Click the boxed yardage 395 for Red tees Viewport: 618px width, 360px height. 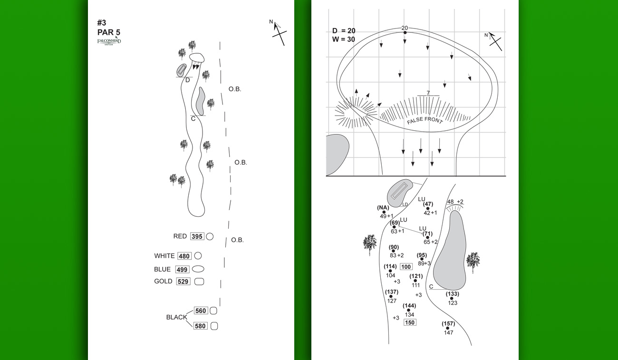tap(197, 236)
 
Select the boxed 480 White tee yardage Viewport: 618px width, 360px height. tap(184, 256)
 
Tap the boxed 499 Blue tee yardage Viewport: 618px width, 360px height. tap(183, 269)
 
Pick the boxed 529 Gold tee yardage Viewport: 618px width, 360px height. tap(183, 282)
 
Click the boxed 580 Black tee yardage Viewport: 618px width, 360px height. tap(201, 326)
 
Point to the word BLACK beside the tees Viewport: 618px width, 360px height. tap(176, 317)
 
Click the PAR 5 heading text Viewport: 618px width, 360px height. tap(108, 32)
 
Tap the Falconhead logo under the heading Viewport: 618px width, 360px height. tap(109, 42)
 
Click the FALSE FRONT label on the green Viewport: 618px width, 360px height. tap(425, 121)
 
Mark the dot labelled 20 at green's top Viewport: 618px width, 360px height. tap(405, 32)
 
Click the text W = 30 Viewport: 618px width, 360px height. tap(344, 39)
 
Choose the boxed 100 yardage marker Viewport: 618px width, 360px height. tap(406, 267)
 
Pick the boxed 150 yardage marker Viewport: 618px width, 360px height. tap(409, 322)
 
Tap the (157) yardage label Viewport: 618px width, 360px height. tap(448, 324)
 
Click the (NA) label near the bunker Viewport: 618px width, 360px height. tap(383, 208)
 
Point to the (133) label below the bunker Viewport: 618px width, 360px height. tap(453, 294)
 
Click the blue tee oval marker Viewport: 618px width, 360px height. tap(198, 269)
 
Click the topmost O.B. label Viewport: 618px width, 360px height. tap(235, 89)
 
